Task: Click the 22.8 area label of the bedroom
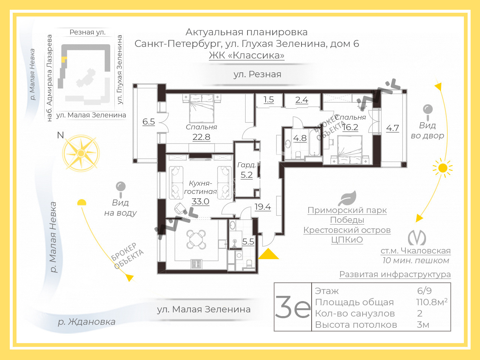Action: pyautogui.click(x=201, y=137)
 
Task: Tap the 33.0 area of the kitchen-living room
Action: pyautogui.click(x=200, y=201)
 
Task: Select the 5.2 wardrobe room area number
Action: pyautogui.click(x=246, y=175)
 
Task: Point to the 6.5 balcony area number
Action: pyautogui.click(x=149, y=121)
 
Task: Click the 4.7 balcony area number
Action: pyautogui.click(x=392, y=128)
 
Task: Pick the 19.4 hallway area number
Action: pyautogui.click(x=262, y=207)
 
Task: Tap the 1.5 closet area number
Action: pyautogui.click(x=268, y=100)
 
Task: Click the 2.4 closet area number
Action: pyautogui.click(x=301, y=100)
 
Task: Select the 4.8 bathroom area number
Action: pyautogui.click(x=300, y=138)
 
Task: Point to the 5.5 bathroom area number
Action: pyautogui.click(x=248, y=241)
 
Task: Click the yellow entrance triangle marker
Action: pyautogui.click(x=268, y=254)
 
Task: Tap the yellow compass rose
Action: pyautogui.click(x=81, y=153)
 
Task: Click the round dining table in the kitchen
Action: pyautogui.click(x=196, y=239)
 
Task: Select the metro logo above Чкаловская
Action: pyautogui.click(x=417, y=238)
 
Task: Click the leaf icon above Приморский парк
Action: pyautogui.click(x=347, y=198)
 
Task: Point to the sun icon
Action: pyautogui.click(x=443, y=168)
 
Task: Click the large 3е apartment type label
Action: pyautogui.click(x=292, y=307)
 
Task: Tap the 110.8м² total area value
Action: pyautogui.click(x=432, y=302)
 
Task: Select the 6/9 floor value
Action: pyautogui.click(x=424, y=291)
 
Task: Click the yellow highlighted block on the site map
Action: pyautogui.click(x=64, y=60)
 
